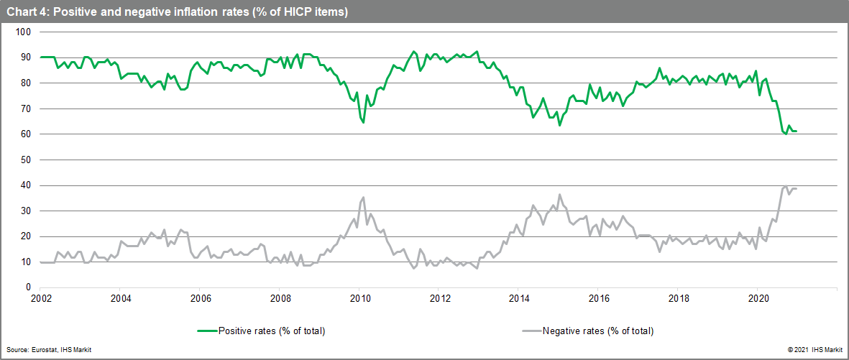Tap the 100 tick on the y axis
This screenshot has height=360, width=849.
tap(23, 32)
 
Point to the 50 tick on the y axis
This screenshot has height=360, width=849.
tap(25, 160)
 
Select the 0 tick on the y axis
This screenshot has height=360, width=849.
tap(27, 287)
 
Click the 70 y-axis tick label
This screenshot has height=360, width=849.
tap(25, 109)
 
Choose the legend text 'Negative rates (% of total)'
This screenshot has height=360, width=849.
tap(598, 331)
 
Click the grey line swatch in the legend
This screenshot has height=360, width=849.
tap(529, 331)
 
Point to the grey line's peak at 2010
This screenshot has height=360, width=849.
tap(363, 197)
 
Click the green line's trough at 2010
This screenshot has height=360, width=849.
tap(363, 122)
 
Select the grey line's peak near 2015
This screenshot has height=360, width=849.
tap(559, 194)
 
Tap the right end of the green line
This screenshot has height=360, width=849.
tap(797, 131)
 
